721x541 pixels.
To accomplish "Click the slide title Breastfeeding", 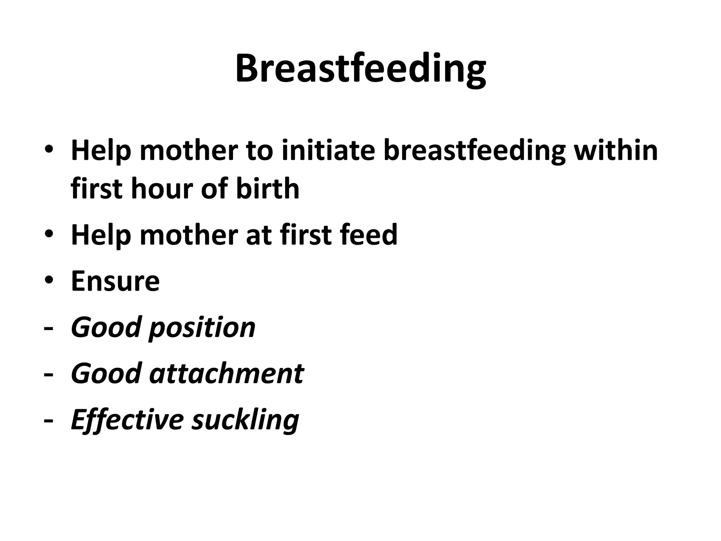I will (x=360, y=69).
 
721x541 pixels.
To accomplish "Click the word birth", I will (x=267, y=188).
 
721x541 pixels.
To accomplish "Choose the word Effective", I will (x=127, y=420).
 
